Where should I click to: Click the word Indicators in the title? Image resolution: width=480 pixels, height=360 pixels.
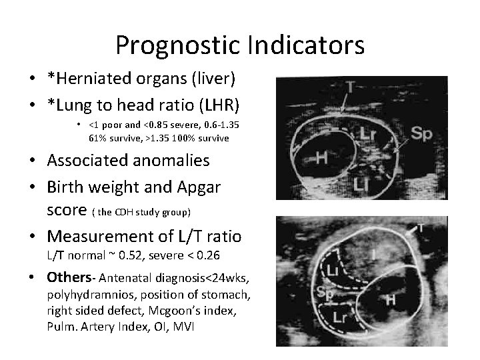[x=307, y=45]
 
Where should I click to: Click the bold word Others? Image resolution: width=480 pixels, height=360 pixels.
[x=67, y=277]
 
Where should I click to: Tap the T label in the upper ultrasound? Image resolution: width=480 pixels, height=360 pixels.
[x=352, y=87]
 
